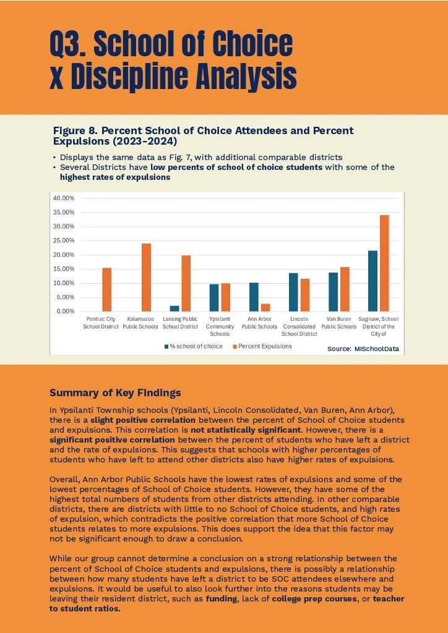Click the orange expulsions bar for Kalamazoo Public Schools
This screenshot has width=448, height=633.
coord(146,278)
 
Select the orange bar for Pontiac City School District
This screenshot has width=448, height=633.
coord(106,289)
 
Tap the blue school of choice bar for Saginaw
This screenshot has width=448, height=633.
coord(373,281)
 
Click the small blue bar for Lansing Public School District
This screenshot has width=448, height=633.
coord(174,308)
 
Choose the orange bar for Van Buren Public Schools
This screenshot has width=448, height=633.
coord(345,289)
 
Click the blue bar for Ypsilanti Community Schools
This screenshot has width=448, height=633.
coord(213,297)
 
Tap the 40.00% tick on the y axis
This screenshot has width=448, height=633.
coord(64,198)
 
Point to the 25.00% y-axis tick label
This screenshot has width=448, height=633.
coord(64,240)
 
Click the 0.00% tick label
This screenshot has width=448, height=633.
coord(66,312)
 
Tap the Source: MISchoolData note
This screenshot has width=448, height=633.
coord(363,349)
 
